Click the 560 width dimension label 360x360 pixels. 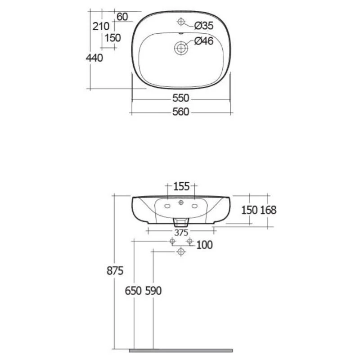coord(181,112)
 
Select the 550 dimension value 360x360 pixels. coord(181,98)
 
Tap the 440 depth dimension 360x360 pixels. coord(94,58)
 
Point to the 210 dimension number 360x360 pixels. coord(101,27)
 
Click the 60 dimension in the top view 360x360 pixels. coord(122,17)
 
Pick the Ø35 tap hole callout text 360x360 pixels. coord(204,26)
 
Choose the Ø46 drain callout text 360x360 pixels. coord(204,41)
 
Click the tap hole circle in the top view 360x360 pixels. coord(181,22)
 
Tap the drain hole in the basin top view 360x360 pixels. coord(181,48)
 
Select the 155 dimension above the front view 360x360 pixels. coord(181,186)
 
